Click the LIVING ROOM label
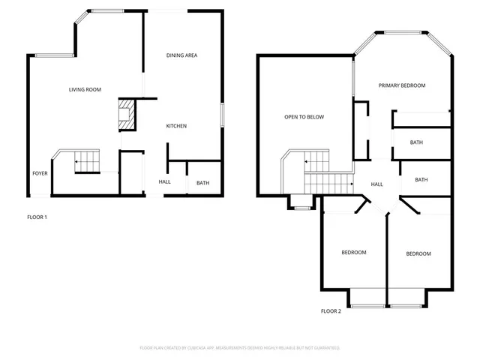pyautogui.click(x=85, y=90)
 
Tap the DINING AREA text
pyautogui.click(x=181, y=55)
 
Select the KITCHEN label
pyautogui.click(x=176, y=126)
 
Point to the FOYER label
pyautogui.click(x=40, y=173)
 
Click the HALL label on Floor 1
pyautogui.click(x=164, y=182)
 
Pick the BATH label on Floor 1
pyautogui.click(x=202, y=183)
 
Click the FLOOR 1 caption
pyautogui.click(x=37, y=217)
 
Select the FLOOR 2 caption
pyautogui.click(x=331, y=310)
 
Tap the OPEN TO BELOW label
pyautogui.click(x=304, y=117)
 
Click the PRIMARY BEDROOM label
pyautogui.click(x=402, y=85)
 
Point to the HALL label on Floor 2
pyautogui.click(x=377, y=184)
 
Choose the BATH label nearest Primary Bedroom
pyautogui.click(x=416, y=142)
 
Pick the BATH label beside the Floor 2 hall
pyautogui.click(x=421, y=180)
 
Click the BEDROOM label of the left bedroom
pyautogui.click(x=354, y=253)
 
